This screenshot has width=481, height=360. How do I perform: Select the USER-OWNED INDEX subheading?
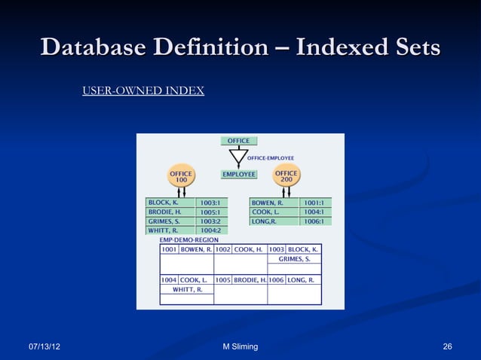pos(142,91)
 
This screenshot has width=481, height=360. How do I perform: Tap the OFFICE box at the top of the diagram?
pos(239,141)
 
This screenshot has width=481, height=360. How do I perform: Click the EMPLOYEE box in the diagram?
pos(239,174)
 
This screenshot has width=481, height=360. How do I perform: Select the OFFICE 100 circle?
pos(182,178)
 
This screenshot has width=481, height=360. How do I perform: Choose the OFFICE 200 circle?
pos(286,178)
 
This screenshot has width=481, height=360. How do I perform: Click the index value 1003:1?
pos(210,203)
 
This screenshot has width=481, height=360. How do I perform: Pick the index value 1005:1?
pos(210,212)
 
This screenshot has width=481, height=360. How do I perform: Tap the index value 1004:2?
pos(210,230)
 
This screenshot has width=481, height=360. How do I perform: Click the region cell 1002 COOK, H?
pos(240,249)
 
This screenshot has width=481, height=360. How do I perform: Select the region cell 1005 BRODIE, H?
pos(240,279)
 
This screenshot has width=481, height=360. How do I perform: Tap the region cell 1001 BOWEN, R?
pos(186,249)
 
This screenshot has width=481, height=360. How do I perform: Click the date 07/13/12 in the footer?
pos(44,346)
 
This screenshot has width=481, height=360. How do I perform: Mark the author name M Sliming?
pos(240,346)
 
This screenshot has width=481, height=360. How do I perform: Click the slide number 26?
pos(447,346)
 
